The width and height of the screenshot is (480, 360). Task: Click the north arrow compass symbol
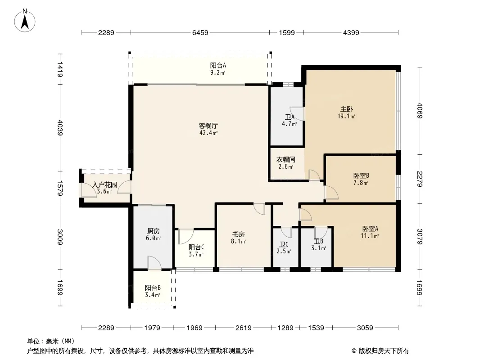tap(25, 21)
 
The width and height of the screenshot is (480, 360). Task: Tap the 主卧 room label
tap(347, 109)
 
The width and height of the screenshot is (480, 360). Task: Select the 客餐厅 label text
tap(208, 126)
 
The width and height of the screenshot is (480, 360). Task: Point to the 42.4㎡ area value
tap(208, 133)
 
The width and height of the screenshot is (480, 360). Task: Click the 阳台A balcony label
tap(218, 65)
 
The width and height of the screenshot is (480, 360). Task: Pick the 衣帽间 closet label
tap(285, 160)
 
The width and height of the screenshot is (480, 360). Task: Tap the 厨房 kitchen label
tap(154, 231)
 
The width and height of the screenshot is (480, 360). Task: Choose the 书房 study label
tap(239, 234)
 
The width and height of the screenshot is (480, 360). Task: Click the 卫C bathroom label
tap(284, 245)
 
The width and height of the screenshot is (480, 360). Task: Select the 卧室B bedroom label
tap(361, 175)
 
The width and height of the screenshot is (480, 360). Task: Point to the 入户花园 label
tap(104, 185)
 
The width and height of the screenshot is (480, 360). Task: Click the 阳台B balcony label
tap(153, 288)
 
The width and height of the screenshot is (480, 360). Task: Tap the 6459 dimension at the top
tap(200, 32)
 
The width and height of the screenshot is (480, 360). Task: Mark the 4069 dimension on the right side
tap(420, 111)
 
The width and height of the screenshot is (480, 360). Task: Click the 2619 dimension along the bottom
tap(243, 328)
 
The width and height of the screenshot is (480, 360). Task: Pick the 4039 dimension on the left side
tap(60, 127)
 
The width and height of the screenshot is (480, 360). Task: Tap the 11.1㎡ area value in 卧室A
tap(370, 236)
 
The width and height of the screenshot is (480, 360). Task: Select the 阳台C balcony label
tap(196, 247)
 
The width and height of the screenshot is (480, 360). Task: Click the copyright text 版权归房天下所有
tap(384, 351)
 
